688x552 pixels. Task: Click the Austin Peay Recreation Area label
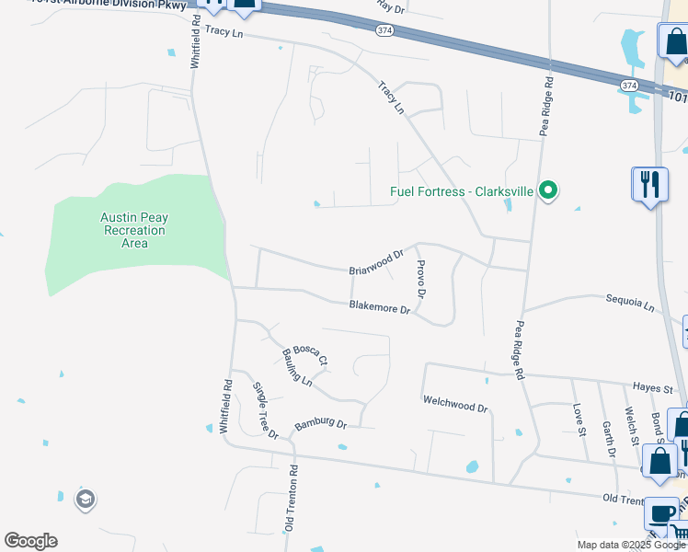pos(134,230)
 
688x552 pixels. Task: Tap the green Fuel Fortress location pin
pos(548,192)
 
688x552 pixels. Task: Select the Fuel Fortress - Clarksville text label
pos(462,193)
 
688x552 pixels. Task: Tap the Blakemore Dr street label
pos(379,308)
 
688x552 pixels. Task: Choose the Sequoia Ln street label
pos(629,302)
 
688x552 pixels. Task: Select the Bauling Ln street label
pos(298,368)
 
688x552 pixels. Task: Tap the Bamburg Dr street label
pos(320,425)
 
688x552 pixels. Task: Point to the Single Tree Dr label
pos(266,409)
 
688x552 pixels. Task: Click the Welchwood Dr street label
pos(454,401)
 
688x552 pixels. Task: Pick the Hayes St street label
pos(653,389)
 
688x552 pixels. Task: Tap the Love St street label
pos(579,419)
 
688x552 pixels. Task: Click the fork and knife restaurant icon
pos(649,184)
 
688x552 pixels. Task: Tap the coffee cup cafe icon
pos(662,513)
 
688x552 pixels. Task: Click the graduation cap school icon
pos(86,500)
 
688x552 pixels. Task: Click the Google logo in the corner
pos(30,541)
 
